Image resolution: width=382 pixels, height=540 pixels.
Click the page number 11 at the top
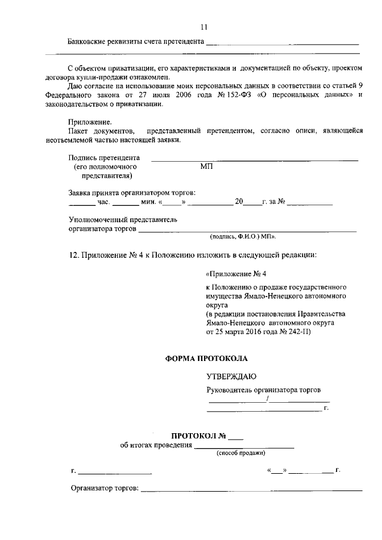tap(204, 27)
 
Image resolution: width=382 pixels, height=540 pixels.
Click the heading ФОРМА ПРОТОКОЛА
tap(205, 359)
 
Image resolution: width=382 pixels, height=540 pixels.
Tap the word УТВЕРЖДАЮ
tap(231, 377)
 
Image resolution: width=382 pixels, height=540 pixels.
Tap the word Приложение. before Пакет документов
tap(90, 122)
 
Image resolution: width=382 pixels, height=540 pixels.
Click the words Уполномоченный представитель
tap(122, 220)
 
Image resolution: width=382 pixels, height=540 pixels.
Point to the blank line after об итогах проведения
tap(245, 445)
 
